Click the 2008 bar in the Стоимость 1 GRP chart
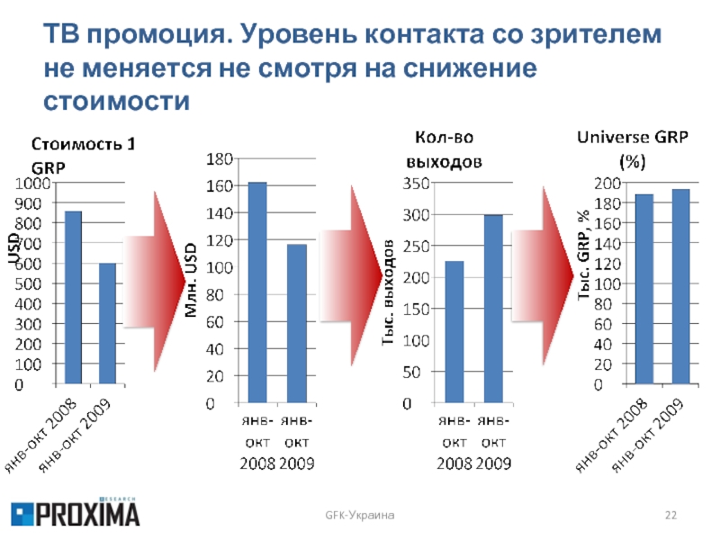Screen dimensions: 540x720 click(73, 298)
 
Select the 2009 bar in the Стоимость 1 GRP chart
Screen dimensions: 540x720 click(108, 324)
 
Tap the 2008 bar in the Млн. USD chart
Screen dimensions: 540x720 click(257, 293)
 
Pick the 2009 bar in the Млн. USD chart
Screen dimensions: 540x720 click(296, 324)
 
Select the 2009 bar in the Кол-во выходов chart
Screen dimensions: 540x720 click(493, 310)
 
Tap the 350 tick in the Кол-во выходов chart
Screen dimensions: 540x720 click(414, 184)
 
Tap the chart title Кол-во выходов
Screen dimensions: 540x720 click(448, 149)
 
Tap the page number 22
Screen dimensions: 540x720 click(670, 513)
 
